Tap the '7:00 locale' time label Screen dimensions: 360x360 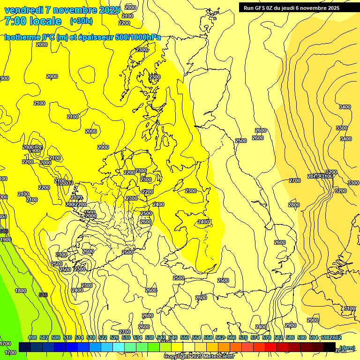(x=33, y=21)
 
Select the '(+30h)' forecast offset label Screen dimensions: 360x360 (x=81, y=21)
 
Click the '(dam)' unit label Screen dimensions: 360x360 (x=347, y=347)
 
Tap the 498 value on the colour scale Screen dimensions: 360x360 (x=32, y=337)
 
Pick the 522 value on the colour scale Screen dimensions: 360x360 (x=103, y=337)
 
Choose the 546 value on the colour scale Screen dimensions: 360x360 (x=173, y=337)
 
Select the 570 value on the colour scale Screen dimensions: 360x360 (x=243, y=337)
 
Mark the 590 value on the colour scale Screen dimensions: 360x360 (x=302, y=337)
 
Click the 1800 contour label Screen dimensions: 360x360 (x=21, y=291)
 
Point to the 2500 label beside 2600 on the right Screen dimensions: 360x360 (x=241, y=141)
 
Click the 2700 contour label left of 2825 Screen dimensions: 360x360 (x=294, y=180)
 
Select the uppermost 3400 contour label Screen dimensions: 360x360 (x=345, y=107)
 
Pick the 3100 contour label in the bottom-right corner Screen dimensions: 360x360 (x=350, y=308)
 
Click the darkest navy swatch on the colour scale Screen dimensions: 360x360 (x=25, y=347)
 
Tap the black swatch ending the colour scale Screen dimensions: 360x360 (x=330, y=347)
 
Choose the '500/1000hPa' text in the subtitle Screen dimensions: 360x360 (x=136, y=37)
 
